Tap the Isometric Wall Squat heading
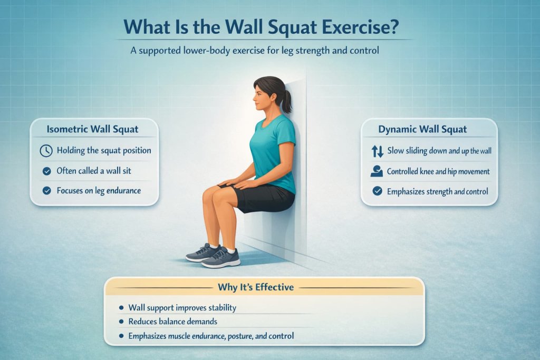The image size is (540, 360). point(93,129)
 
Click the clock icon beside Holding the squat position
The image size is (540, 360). point(46,151)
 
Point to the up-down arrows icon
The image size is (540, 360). point(378,152)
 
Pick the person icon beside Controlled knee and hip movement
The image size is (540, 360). point(377,171)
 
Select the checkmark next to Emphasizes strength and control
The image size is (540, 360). point(377,191)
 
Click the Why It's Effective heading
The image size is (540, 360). point(256,288)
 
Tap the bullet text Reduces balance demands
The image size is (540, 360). point(173,322)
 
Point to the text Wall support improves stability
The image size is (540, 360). point(182,307)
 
